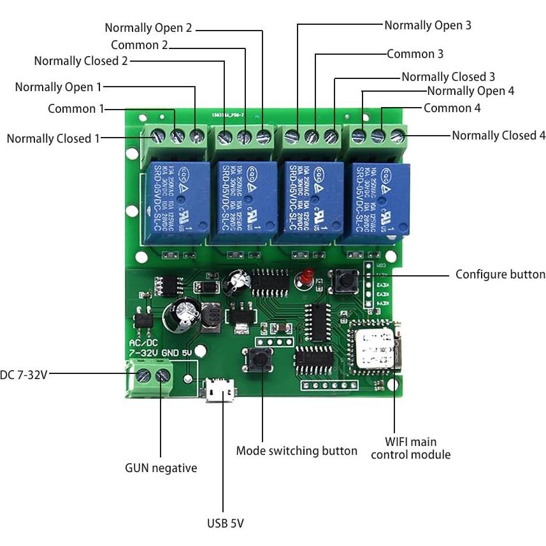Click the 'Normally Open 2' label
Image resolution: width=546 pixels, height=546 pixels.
coord(148,28)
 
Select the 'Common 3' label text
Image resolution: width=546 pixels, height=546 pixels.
coord(415,54)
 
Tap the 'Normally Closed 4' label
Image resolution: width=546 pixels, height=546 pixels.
coord(498,136)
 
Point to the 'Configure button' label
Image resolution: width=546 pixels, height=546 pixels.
coord(500,275)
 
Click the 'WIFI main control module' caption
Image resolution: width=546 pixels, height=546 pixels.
coord(410,448)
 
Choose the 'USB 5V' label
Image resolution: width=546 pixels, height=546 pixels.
coord(225,524)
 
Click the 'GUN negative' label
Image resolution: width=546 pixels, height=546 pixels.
coord(161,468)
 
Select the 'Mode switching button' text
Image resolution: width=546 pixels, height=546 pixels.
coord(296,451)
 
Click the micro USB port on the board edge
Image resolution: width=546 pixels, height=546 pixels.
coord(220,390)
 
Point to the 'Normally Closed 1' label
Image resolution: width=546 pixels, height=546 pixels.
coord(53,138)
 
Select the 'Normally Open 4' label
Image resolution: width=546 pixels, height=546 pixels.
coord(470,91)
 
